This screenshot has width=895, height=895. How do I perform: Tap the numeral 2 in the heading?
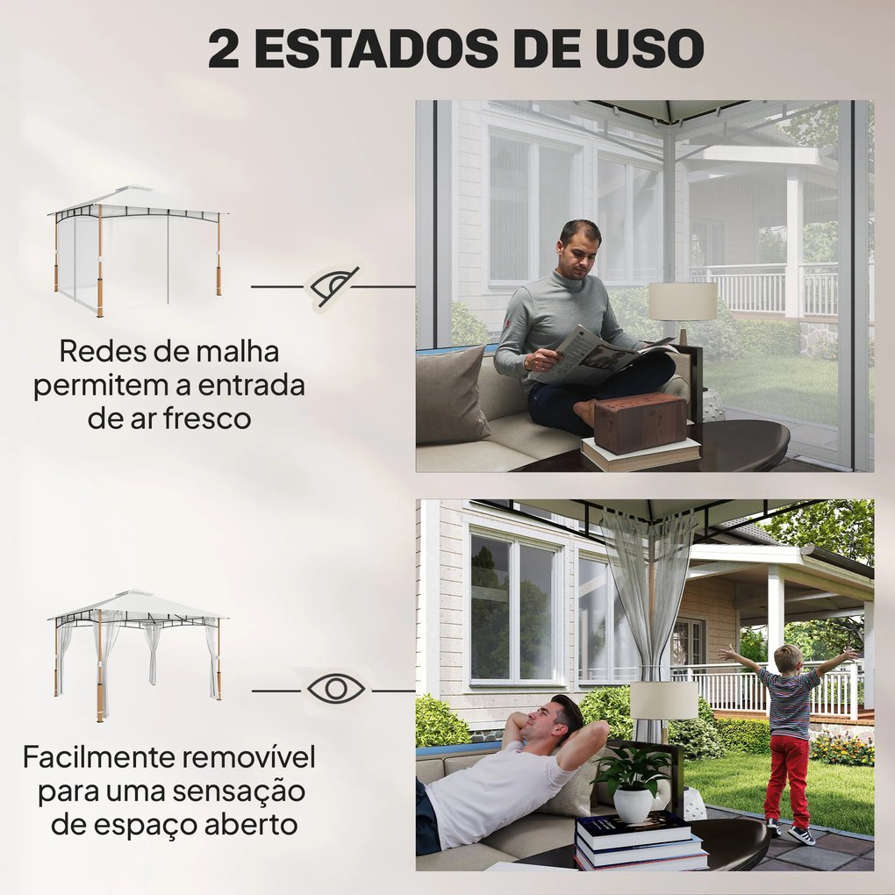coord(224,49)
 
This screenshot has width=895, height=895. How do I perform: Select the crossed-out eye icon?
coord(333,286)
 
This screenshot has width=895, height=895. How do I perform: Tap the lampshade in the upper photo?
coord(682,302)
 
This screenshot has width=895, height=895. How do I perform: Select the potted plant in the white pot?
coord(634,783)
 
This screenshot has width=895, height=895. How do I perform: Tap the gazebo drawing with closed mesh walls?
coord(137,248)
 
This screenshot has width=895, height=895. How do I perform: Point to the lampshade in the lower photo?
coord(663,700)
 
